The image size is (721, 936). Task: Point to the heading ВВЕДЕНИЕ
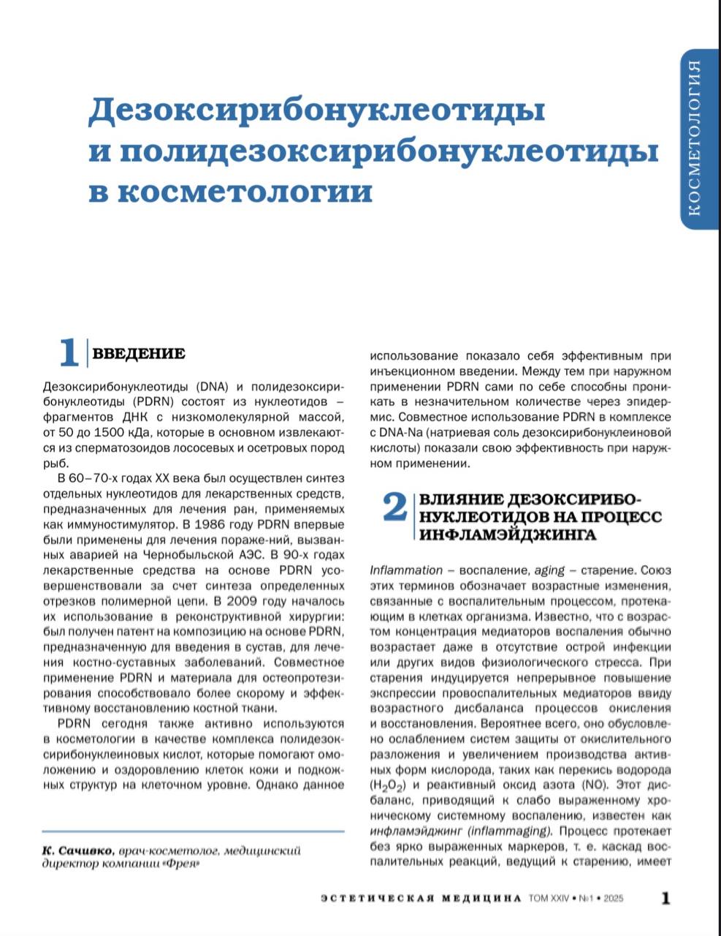[x=139, y=354]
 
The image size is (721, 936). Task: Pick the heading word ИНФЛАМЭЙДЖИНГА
[x=507, y=535]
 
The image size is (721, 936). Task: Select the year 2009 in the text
[x=246, y=601]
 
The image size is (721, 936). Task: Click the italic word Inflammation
[x=406, y=570]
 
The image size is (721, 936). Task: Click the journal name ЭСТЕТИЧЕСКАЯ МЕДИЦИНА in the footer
[x=421, y=898]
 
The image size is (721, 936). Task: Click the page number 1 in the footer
[x=665, y=898]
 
